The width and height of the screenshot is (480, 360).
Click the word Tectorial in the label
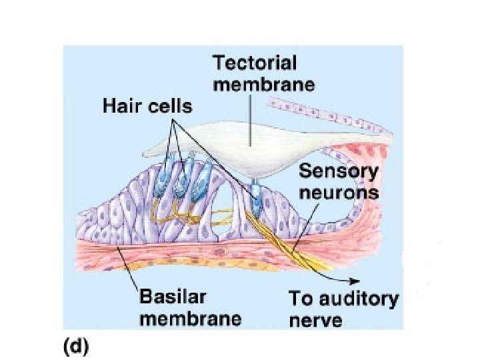pos(255,65)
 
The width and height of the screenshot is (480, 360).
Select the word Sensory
pos(338,172)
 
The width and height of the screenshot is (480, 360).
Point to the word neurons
pos(338,193)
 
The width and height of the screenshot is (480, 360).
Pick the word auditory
pos(361,298)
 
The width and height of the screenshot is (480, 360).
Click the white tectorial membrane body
pos(247,143)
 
